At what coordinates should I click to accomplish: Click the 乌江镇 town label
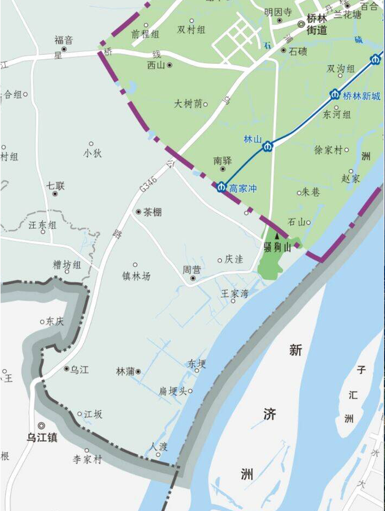click(41, 438)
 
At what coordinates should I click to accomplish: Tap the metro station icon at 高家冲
click(222, 187)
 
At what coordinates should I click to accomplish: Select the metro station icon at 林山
click(268, 146)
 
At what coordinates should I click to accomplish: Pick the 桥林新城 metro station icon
click(335, 94)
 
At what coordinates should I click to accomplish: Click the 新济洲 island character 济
click(269, 413)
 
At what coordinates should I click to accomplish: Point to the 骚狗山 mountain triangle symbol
click(277, 237)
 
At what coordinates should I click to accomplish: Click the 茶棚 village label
click(152, 212)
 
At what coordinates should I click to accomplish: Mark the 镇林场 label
click(136, 276)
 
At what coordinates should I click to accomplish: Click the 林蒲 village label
click(125, 371)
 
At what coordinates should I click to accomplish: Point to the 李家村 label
click(87, 459)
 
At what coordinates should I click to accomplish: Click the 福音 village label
click(64, 40)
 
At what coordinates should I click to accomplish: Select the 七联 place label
click(55, 185)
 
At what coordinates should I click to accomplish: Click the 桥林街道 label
click(316, 24)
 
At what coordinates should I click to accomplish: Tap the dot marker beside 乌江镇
click(42, 425)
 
